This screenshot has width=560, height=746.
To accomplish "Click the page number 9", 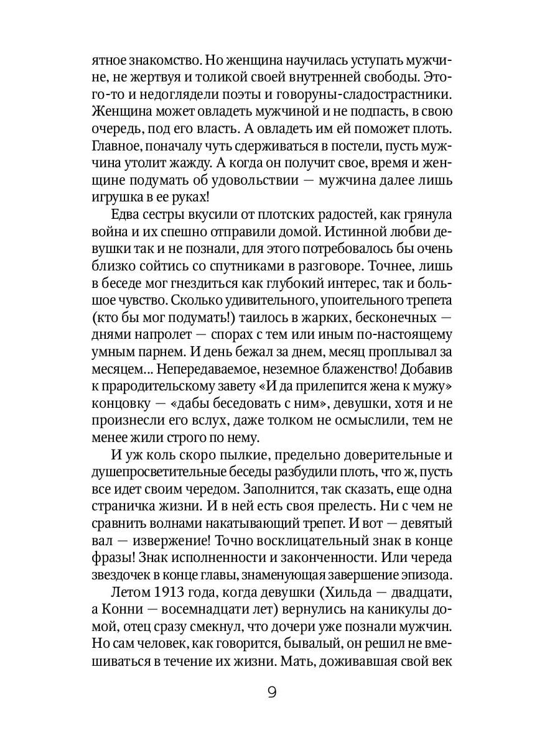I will (x=272, y=693).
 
